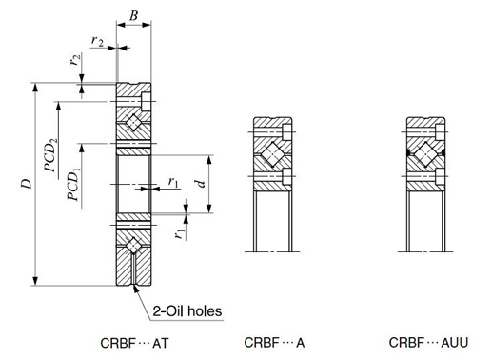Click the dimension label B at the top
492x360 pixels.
134,15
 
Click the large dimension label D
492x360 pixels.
27,184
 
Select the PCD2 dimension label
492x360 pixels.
51,154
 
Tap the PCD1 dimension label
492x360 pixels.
74,185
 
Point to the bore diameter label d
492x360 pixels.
201,184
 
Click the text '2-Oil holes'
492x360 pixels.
187,311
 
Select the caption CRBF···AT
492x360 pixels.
134,343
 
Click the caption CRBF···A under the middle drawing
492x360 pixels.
274,343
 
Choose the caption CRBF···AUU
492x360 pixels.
428,343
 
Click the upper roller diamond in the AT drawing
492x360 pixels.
133,122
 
